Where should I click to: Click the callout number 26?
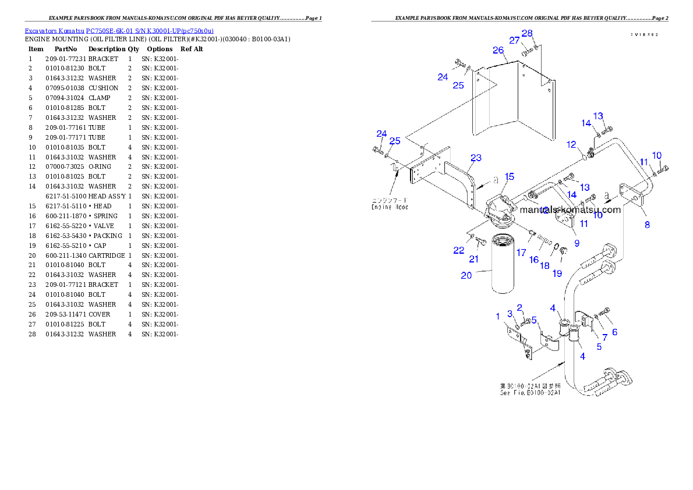[x=498, y=51]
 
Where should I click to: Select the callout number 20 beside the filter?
[x=466, y=276]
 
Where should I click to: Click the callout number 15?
[x=510, y=176]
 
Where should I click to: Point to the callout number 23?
[x=476, y=158]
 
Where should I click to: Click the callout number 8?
[x=647, y=224]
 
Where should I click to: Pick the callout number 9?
[x=577, y=243]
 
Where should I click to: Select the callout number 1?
[x=498, y=316]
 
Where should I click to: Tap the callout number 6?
[x=614, y=332]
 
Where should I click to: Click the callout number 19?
[x=557, y=273]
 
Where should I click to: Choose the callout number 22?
[x=459, y=250]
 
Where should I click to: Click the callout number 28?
[x=527, y=34]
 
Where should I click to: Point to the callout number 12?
[x=571, y=144]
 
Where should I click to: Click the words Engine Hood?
[x=390, y=206]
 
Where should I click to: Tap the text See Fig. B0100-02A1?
[x=530, y=393]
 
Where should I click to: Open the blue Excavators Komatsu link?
[x=119, y=30]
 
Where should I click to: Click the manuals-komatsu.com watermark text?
[x=570, y=210]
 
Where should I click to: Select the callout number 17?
[x=521, y=253]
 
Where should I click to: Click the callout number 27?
[x=514, y=41]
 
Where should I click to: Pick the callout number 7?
[x=604, y=338]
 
